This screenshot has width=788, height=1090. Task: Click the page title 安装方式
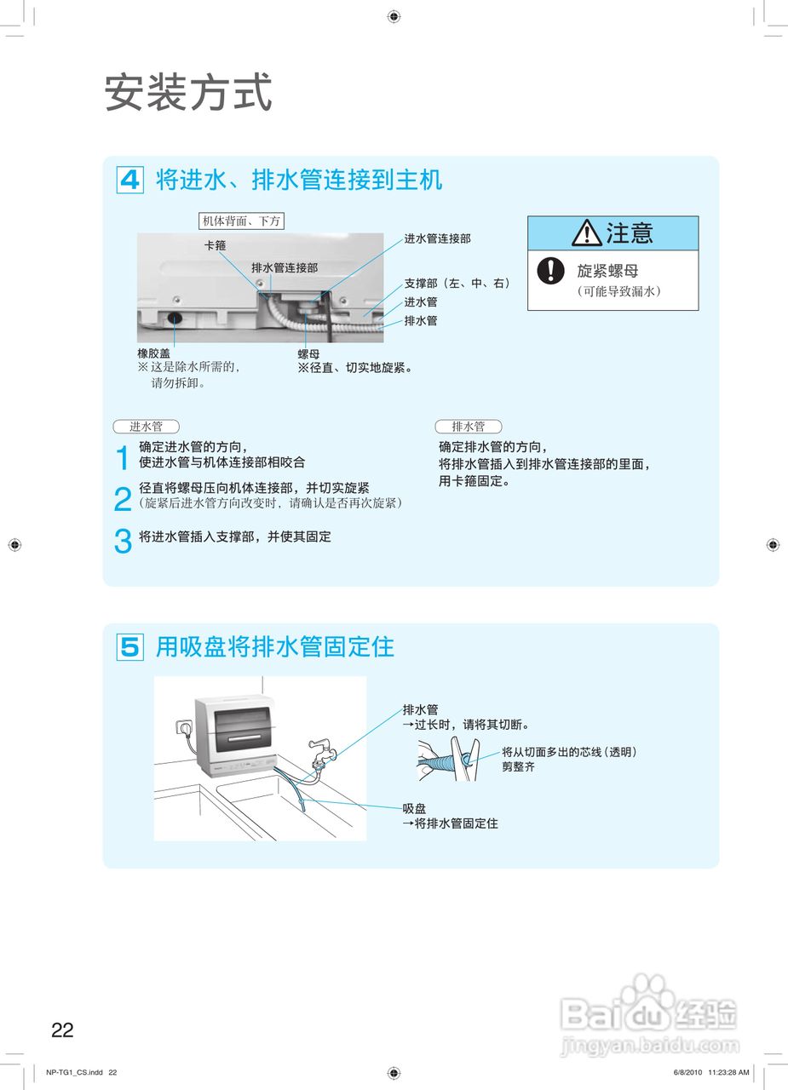tap(188, 92)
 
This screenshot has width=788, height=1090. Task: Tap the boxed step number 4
tap(129, 181)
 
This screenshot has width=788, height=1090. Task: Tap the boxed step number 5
tap(129, 647)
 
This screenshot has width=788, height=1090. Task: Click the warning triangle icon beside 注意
tap(586, 232)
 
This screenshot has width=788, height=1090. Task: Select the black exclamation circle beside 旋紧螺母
tap(551, 271)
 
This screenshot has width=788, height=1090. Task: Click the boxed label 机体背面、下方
tap(240, 221)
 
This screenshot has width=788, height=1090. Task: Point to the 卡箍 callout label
tap(214, 245)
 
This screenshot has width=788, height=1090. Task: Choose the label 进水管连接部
tap(437, 239)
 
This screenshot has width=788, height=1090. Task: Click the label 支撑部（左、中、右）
tap(457, 284)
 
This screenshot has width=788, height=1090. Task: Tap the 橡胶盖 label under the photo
tap(153, 353)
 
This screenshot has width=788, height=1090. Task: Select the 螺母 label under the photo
tap(308, 353)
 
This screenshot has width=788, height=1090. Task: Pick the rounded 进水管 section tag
tap(146, 427)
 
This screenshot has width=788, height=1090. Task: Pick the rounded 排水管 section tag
tap(468, 427)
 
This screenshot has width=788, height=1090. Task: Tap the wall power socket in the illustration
tap(181, 729)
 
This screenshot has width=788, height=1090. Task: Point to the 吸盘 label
tap(415, 808)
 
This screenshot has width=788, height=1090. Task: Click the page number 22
tap(62, 1030)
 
